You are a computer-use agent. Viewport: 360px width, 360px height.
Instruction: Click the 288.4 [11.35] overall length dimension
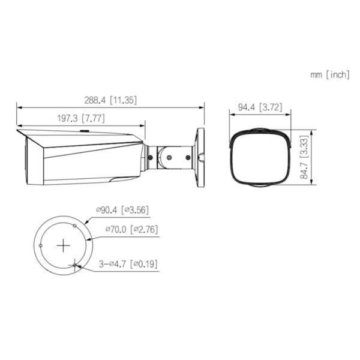click(x=110, y=100)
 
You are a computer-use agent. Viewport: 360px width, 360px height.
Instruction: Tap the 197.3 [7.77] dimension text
click(x=82, y=119)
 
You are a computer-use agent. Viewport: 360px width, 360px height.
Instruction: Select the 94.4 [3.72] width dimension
click(x=259, y=108)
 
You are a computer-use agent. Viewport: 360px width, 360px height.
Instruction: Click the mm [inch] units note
click(x=329, y=75)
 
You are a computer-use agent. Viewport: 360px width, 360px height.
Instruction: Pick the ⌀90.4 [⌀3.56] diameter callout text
click(x=122, y=209)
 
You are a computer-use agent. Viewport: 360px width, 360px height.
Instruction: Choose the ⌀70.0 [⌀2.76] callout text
click(x=131, y=229)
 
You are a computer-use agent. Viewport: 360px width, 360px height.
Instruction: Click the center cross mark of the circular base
click(x=64, y=245)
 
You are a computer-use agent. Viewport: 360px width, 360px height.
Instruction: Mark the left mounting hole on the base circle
click(x=40, y=245)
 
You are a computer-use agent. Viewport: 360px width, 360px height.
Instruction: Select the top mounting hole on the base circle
click(x=74, y=226)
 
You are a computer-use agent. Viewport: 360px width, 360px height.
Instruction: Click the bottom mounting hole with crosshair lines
click(x=74, y=265)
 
